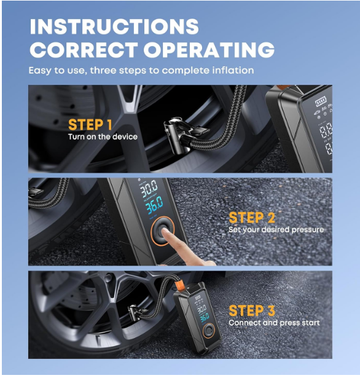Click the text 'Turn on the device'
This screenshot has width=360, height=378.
coord(103,136)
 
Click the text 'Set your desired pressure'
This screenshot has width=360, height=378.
coord(276,230)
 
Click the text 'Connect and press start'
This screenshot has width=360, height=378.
coord(274,323)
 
